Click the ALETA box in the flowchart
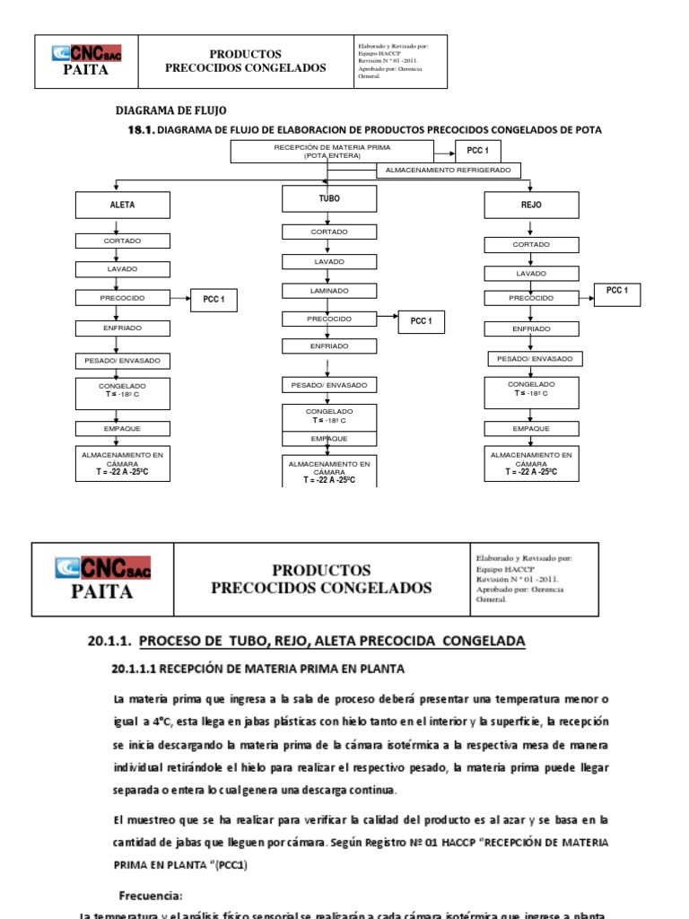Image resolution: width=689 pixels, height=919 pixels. coord(123,205)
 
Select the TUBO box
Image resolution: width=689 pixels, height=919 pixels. coord(329,198)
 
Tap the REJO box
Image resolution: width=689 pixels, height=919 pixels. coord(530,205)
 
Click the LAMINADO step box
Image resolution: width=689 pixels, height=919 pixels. coord(328,290)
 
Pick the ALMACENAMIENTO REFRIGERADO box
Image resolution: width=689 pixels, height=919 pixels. coord(448,170)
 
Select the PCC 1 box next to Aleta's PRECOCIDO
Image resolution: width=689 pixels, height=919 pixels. coord(214,302)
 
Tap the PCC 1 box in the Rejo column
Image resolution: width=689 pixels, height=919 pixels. coord(617,292)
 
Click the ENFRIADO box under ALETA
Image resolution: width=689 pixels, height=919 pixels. coord(122,329)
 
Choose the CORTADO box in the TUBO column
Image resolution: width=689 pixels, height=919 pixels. coord(328,232)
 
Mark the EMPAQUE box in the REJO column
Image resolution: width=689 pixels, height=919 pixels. coord(532,428)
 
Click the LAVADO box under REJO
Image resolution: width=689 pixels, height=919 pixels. coord(530,273)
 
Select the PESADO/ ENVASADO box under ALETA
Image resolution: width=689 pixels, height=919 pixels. coord(123,360)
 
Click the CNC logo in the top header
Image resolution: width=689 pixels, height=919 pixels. coord(88,53)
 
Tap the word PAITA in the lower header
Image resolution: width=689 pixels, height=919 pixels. coord(102,591)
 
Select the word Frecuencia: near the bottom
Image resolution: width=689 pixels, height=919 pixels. coord(150,896)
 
